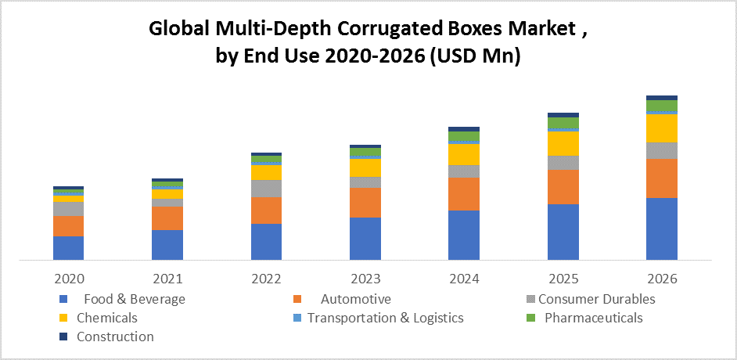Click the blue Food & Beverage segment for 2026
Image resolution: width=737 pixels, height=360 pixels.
[661, 229]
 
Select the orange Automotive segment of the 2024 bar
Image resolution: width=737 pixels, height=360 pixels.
[463, 194]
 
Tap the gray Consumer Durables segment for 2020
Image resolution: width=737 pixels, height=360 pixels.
[68, 209]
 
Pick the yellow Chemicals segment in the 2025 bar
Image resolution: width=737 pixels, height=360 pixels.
[563, 143]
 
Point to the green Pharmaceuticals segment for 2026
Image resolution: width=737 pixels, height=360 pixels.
[661, 106]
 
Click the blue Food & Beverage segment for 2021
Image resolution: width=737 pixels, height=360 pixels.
[167, 244]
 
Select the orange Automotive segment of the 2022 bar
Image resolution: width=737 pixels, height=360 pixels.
[266, 211]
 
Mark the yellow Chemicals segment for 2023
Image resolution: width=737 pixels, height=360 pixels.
[365, 167]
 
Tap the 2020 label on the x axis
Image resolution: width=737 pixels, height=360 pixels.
[69, 279]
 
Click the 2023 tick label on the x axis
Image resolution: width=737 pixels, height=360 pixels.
[365, 279]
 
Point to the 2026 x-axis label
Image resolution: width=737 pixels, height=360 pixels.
[662, 279]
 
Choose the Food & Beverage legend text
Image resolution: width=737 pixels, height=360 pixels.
[135, 299]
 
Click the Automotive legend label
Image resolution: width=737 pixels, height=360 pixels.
[355, 299]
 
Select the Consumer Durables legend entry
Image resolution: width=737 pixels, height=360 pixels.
[596, 299]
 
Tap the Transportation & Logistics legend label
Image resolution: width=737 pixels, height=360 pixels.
[385, 318]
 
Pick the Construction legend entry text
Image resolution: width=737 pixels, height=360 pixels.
[115, 337]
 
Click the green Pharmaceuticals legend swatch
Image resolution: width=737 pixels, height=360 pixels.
[531, 318]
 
